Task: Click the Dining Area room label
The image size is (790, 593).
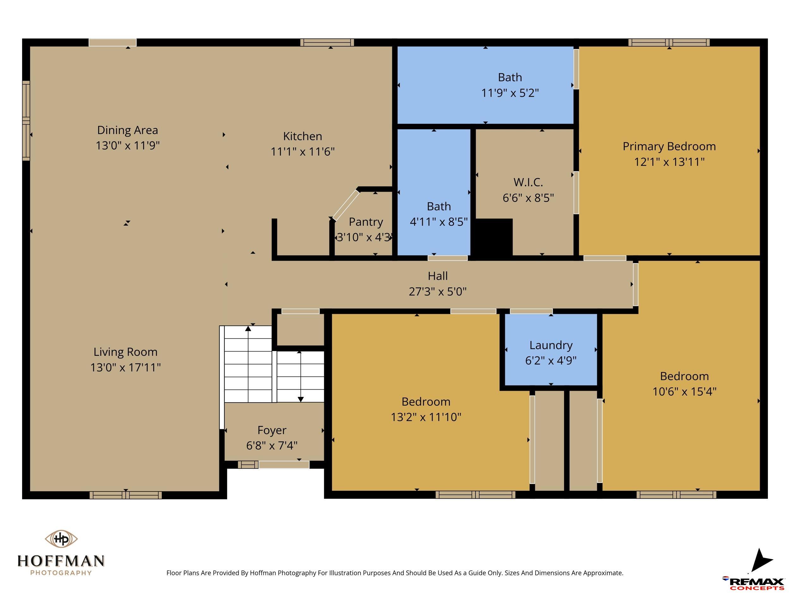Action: tap(127, 130)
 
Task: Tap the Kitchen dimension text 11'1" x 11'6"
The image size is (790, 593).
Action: tap(302, 151)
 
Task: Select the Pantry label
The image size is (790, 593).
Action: tap(366, 222)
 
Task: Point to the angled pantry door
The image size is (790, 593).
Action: tap(346, 205)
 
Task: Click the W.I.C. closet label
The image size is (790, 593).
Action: tap(528, 182)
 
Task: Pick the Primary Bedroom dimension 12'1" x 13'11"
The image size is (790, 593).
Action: tap(669, 162)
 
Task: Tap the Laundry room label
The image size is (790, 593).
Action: tap(551, 345)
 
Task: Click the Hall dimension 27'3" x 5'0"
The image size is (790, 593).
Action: tap(437, 292)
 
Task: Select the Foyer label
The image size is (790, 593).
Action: tap(272, 430)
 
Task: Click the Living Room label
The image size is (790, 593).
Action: tap(125, 352)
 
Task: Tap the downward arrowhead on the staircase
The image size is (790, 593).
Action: tap(301, 399)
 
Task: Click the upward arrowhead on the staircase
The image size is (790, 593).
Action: tap(248, 329)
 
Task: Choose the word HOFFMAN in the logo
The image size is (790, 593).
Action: tap(61, 561)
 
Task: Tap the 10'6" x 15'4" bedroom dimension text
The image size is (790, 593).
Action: tap(684, 392)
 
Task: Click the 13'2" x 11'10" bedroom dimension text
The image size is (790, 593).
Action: tap(426, 417)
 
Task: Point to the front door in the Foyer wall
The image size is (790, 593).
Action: tap(284, 465)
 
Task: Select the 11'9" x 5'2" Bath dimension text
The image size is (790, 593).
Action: tap(510, 93)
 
